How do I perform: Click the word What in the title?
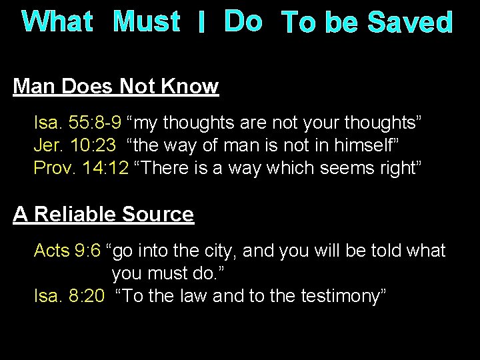[57, 21]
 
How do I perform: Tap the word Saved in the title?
[411, 23]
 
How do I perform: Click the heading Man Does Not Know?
[116, 87]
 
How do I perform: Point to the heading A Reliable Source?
[104, 214]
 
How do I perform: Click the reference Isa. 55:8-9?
[77, 123]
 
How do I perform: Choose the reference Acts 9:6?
[67, 251]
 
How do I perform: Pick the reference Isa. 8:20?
[69, 296]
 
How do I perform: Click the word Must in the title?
[147, 21]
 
